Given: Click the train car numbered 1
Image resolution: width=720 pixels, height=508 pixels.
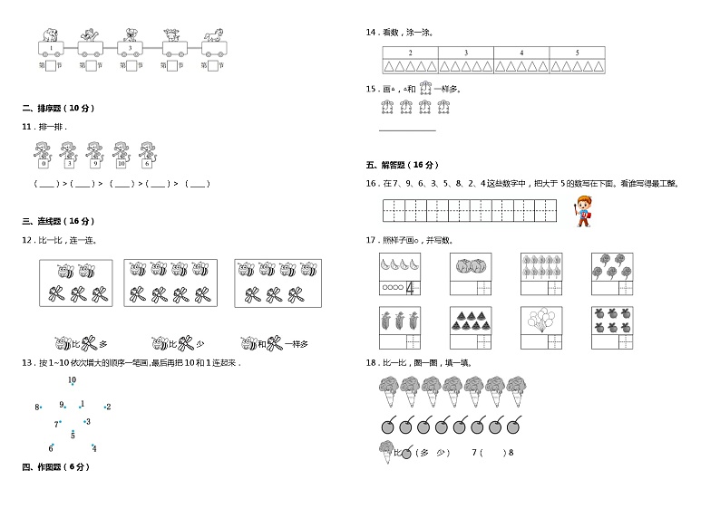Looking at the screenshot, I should point(51,48).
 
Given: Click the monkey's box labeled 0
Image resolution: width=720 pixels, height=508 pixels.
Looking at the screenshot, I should point(43,164).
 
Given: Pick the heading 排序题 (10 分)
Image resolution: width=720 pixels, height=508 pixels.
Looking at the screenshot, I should point(58,109).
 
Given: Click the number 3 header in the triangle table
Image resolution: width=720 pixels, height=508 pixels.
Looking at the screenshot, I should point(466,53).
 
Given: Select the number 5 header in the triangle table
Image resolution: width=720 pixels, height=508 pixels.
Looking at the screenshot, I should point(577,53).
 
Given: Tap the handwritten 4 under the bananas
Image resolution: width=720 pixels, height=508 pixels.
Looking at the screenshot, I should point(409,289).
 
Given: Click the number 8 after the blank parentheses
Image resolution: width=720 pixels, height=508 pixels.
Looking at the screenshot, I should point(511,453).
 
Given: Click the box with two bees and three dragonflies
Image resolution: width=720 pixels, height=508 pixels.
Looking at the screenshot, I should point(76,283).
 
